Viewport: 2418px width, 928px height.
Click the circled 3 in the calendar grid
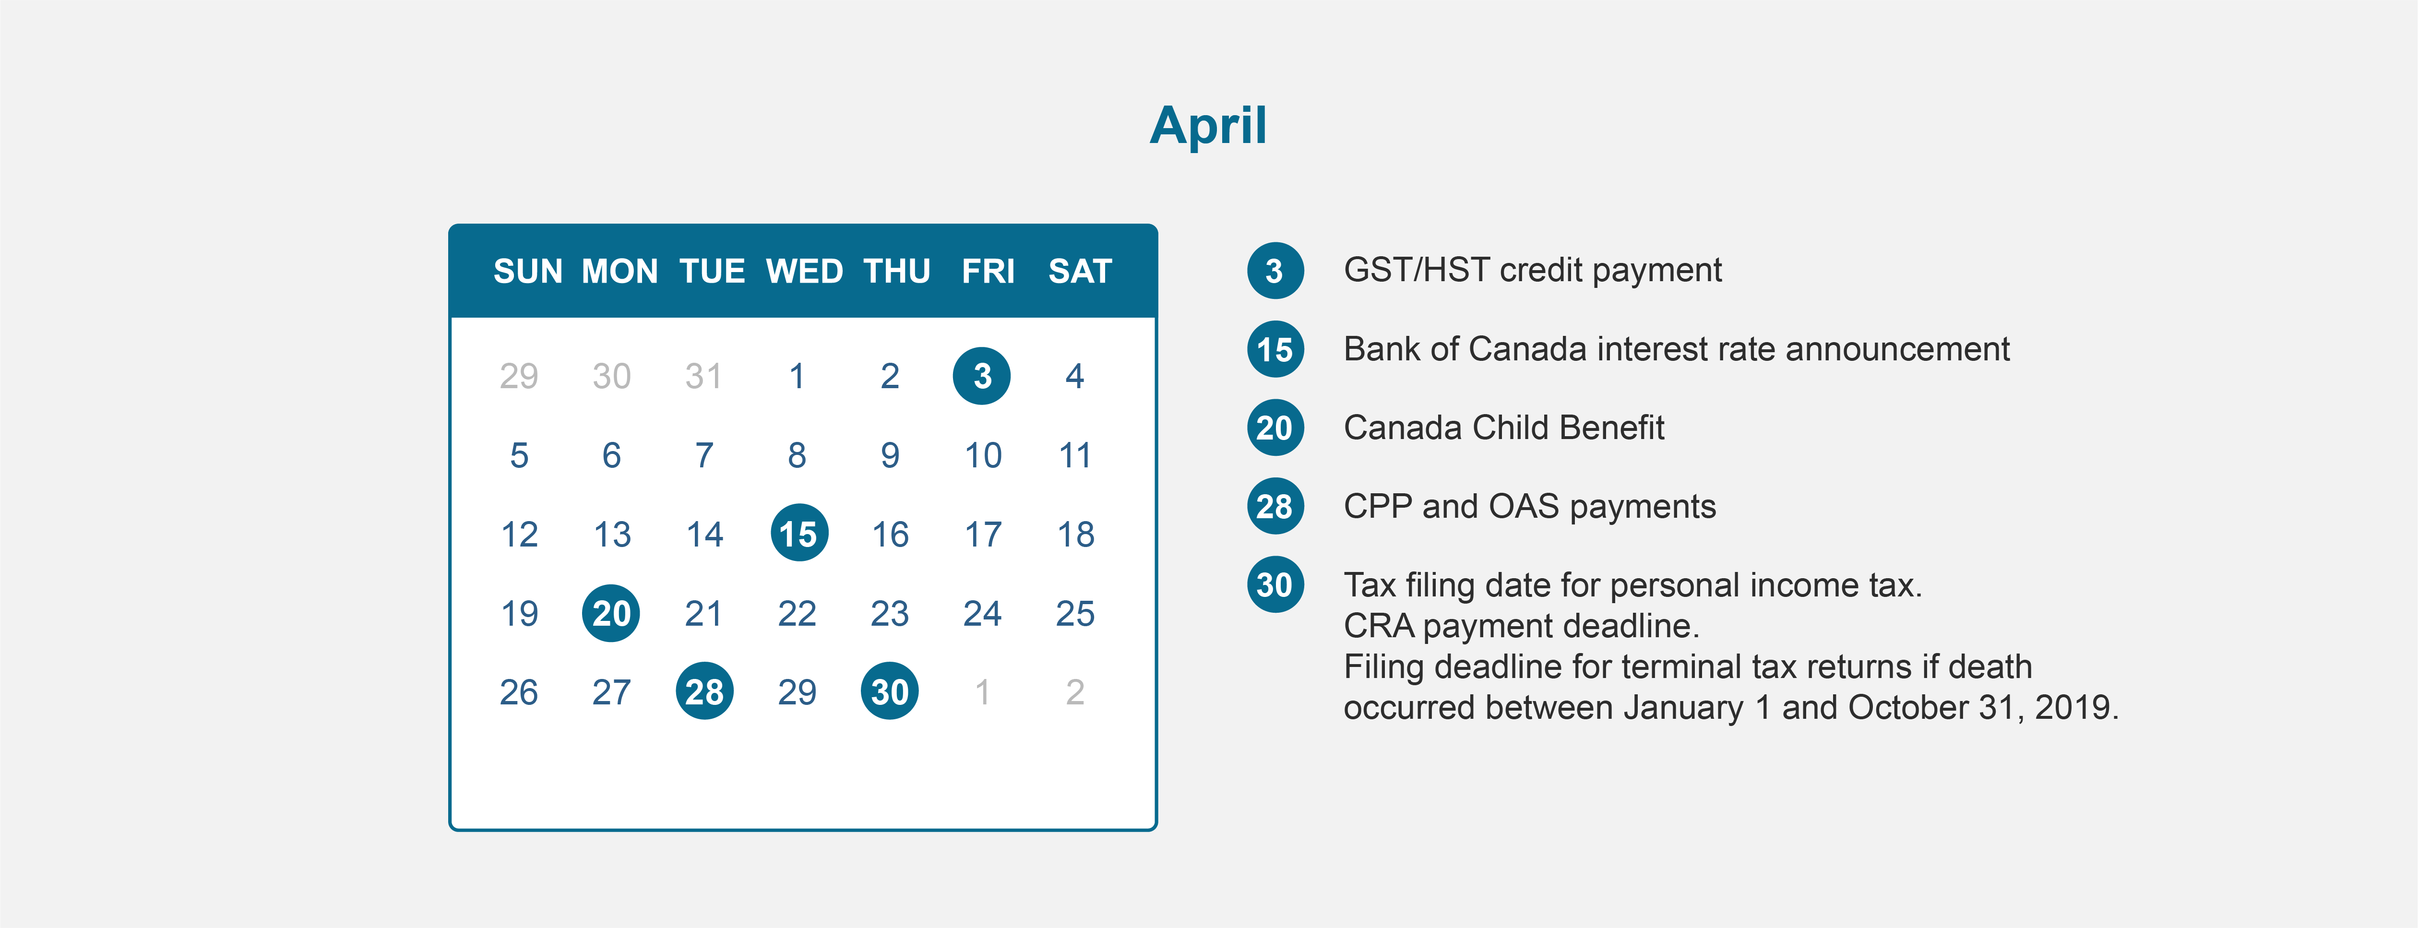(x=982, y=376)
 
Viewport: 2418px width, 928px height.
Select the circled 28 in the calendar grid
(x=704, y=691)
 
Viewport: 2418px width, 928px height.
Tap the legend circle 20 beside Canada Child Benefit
(x=1275, y=428)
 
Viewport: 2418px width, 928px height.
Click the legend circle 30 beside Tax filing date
(x=1275, y=584)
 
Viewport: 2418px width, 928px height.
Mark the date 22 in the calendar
(x=797, y=614)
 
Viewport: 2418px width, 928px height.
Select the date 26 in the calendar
(x=518, y=692)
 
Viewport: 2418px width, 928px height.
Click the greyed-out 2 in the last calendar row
(x=1075, y=692)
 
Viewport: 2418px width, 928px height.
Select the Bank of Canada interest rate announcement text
(x=1677, y=349)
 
